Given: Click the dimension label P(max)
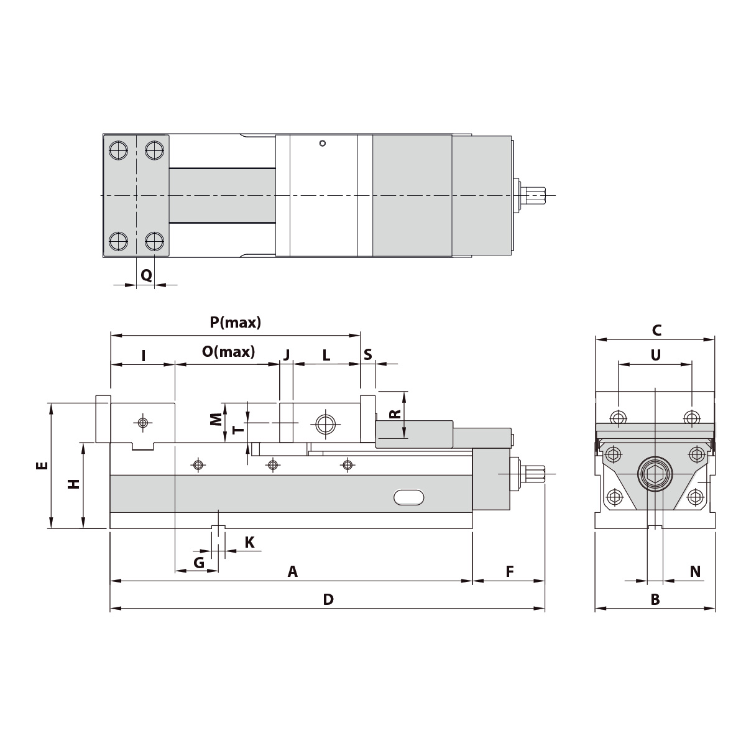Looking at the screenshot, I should point(235,323).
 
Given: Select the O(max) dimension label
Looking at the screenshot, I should point(228,352).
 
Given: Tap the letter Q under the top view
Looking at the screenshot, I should point(146,275).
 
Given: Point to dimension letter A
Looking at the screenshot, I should point(292,571).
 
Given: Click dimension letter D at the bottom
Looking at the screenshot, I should point(328,599).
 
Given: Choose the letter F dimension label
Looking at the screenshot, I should point(509,571).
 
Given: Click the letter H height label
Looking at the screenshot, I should point(74,484).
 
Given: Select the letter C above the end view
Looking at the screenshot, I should point(656,330).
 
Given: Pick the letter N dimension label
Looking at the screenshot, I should point(695,571).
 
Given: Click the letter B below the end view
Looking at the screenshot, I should point(655,599).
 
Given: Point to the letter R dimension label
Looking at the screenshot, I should point(394,414).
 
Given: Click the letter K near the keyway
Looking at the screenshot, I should point(249,542).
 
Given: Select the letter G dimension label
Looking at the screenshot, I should point(199,563).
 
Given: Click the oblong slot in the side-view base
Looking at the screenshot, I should point(409,497).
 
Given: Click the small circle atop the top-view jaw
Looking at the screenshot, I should point(322,144).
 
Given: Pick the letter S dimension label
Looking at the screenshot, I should point(367,354).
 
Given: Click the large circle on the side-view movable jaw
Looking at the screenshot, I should point(325,424).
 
